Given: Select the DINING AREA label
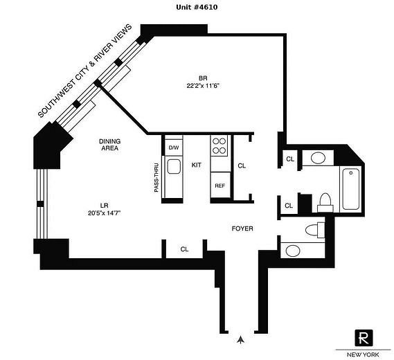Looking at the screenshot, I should click(x=109, y=144).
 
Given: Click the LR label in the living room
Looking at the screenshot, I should click(x=103, y=205).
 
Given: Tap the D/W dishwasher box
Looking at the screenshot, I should click(x=173, y=147).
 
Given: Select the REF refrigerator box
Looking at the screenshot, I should click(x=220, y=186).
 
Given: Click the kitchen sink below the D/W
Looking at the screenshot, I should click(x=173, y=167).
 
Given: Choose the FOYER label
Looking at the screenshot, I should click(x=242, y=228).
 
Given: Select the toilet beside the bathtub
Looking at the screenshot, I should click(x=324, y=202).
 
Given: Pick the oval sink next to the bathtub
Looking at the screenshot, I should click(x=319, y=158).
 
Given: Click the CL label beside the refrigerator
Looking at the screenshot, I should click(x=242, y=165).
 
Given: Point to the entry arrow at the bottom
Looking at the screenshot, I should click(x=240, y=339).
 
